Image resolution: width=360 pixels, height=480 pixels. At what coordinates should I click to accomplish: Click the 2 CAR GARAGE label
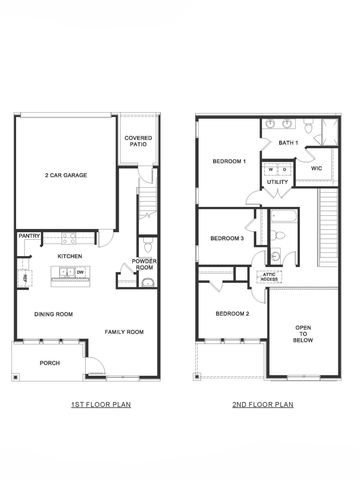(65, 175)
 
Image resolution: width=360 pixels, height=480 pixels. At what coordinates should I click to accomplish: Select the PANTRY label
(28, 236)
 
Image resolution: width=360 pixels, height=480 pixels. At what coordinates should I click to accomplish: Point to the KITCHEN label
(69, 256)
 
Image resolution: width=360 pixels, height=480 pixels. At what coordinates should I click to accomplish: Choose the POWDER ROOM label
(145, 264)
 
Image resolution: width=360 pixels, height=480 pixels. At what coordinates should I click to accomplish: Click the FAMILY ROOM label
(124, 332)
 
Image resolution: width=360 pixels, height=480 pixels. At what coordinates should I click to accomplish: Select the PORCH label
(49, 364)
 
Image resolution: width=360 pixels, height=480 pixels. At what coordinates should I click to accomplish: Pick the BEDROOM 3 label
(227, 238)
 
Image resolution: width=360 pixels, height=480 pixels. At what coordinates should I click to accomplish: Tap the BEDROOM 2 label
(233, 313)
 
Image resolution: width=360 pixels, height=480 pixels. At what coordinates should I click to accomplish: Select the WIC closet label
(316, 169)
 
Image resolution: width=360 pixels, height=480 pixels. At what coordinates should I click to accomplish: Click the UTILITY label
(278, 182)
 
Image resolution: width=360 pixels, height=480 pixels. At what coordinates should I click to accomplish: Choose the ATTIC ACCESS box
(269, 275)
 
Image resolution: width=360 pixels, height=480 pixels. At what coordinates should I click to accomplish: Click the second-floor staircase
(330, 230)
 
